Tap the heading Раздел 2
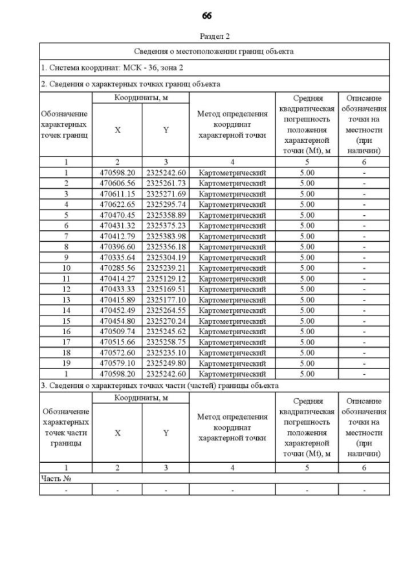214,37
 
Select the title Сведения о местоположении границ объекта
214,50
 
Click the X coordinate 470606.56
117,183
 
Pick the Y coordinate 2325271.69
166,193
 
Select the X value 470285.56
117,268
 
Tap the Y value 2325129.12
166,279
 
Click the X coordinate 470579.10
117,363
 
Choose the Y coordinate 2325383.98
166,236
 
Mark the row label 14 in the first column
65,310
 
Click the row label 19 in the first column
65,363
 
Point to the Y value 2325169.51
166,289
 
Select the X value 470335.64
117,257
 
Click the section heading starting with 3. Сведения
159,385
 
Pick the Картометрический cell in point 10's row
232,268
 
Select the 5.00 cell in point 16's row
307,332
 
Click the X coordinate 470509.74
117,332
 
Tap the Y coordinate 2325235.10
166,353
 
